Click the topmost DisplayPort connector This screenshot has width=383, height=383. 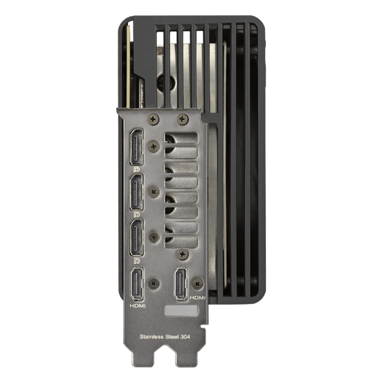136,147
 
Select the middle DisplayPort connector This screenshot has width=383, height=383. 136,193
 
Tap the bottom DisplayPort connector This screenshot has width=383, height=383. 136,238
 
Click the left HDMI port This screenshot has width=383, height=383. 137,284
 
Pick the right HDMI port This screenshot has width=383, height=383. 180,283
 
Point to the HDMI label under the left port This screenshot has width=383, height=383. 138,306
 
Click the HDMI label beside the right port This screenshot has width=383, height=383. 197,298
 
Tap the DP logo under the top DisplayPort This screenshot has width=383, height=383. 137,169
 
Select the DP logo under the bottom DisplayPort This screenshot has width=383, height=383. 137,261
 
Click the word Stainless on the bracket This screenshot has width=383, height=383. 151,336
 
